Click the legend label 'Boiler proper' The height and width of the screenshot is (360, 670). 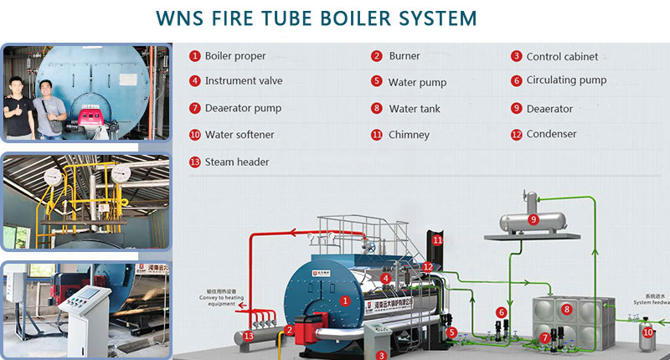235,56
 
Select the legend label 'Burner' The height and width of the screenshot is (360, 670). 405,56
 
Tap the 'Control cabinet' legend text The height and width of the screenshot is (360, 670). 562,57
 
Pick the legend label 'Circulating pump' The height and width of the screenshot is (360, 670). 566,81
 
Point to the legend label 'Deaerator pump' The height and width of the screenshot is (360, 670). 243,108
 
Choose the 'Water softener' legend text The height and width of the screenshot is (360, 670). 240,135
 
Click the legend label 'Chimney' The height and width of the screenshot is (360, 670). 409,135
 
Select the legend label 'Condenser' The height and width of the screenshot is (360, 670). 551,134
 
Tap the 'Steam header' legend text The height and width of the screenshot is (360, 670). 237,162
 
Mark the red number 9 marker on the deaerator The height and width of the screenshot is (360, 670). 533,219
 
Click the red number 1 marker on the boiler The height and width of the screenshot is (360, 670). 344,300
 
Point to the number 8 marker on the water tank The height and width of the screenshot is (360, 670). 566,310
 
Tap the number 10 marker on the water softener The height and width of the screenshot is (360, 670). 647,332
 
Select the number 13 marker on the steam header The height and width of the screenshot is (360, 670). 248,336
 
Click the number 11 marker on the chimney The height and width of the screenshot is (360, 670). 436,240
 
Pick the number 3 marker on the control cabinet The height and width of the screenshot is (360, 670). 381,354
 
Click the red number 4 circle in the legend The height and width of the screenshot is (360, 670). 194,81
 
